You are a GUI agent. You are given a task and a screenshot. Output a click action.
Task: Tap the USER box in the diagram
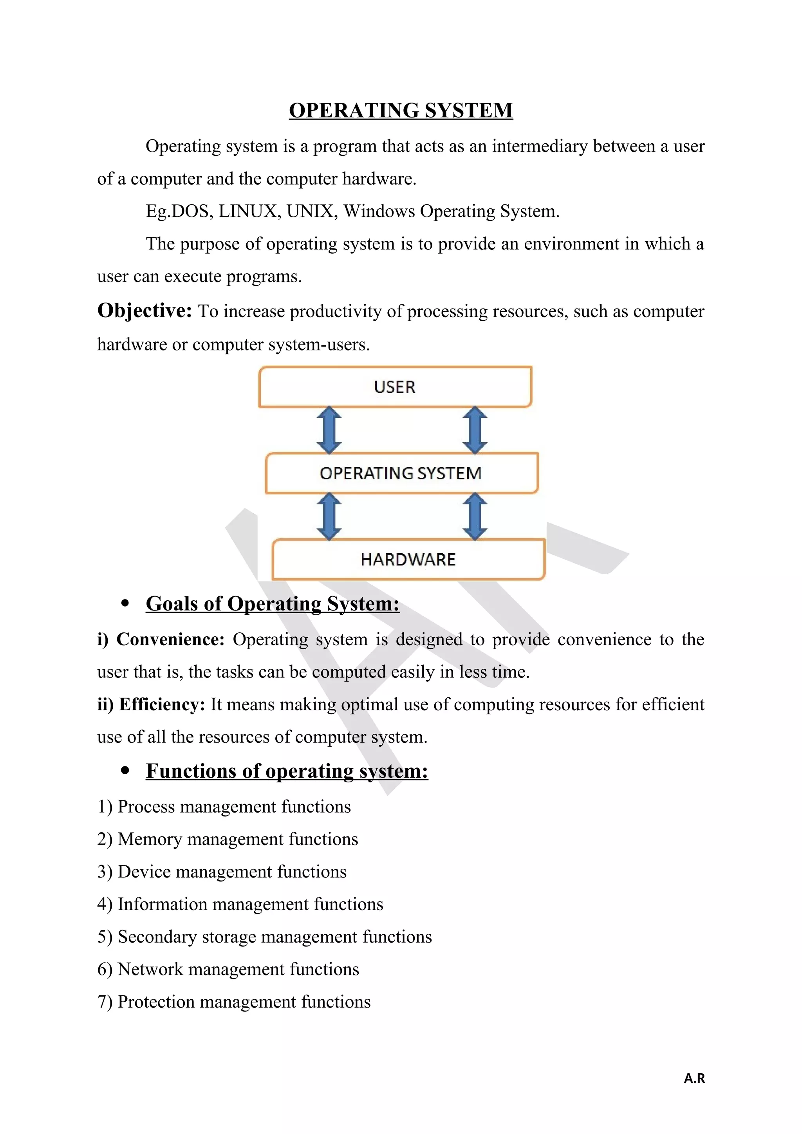pyautogui.click(x=395, y=387)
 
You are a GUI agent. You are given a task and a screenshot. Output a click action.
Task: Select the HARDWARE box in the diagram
pyautogui.click(x=408, y=559)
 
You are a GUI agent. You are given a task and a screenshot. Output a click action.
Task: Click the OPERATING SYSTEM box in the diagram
pyautogui.click(x=401, y=473)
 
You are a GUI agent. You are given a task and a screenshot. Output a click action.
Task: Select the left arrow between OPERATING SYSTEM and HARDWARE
pyautogui.click(x=329, y=516)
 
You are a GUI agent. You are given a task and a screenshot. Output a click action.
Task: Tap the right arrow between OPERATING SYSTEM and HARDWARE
pyautogui.click(x=475, y=516)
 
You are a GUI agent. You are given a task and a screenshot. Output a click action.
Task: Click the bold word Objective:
pyautogui.click(x=144, y=311)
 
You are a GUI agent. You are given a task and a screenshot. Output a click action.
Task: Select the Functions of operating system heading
pyautogui.click(x=287, y=771)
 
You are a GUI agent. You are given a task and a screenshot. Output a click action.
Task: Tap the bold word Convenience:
pyautogui.click(x=170, y=639)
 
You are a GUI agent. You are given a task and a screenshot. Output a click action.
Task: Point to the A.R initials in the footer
pyautogui.click(x=694, y=1078)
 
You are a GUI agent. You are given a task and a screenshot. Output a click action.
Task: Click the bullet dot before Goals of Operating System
pyautogui.click(x=125, y=603)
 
